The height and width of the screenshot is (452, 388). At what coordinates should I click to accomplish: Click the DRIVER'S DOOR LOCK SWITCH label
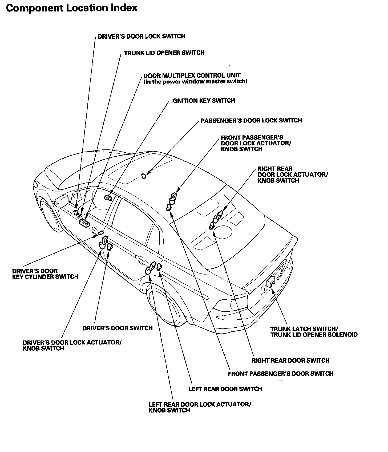(141, 36)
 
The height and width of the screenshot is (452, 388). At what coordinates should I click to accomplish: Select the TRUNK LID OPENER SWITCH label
(164, 53)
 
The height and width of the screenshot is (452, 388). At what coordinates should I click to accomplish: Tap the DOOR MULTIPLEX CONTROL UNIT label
(192, 76)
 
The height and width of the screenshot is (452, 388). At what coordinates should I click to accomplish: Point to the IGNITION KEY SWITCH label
(203, 101)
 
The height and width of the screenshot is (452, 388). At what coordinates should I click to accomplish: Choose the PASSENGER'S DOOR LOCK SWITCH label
(251, 120)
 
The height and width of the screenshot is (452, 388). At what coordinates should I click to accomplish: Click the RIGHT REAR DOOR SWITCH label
(290, 360)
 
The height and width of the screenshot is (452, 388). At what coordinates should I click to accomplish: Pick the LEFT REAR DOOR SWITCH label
(225, 389)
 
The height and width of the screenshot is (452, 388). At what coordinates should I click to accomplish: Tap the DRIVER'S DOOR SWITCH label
(118, 328)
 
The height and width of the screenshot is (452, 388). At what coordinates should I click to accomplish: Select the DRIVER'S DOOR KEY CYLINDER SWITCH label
(45, 274)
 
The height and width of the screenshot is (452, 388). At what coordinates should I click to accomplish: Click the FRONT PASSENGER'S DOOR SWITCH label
(280, 374)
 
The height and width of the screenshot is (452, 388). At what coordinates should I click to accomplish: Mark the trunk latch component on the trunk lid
(271, 281)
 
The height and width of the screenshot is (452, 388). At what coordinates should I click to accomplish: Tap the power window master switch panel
(84, 222)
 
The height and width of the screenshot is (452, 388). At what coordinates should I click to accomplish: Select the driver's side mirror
(62, 201)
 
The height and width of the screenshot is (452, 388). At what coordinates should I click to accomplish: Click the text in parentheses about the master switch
(195, 82)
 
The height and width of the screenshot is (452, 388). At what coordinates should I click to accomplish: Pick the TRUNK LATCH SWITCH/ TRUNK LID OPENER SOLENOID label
(314, 332)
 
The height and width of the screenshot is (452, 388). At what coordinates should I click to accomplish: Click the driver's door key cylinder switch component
(101, 233)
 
